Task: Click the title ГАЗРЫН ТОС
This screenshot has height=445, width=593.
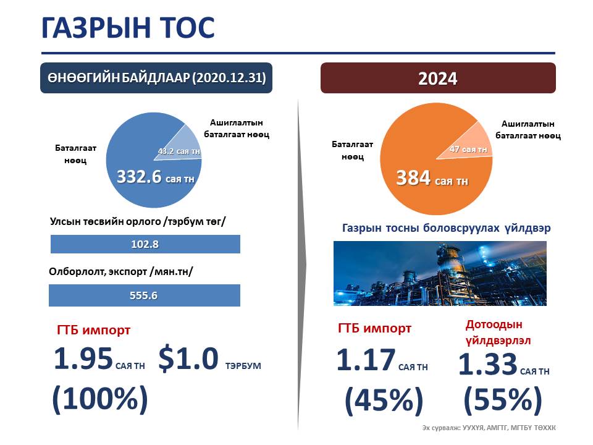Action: pos(128,28)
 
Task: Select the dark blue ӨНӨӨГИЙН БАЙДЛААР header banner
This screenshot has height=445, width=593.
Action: pos(156,78)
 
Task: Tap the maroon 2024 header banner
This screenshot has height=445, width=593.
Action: pos(438,78)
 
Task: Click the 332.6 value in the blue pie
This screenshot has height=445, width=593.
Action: pos(139,177)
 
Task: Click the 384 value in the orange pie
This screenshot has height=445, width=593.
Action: pos(413,178)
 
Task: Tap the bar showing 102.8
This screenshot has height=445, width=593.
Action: pos(145,244)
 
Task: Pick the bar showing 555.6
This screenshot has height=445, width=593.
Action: pos(145,295)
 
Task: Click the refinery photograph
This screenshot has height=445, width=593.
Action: pos(440,273)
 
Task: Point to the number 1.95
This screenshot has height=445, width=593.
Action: pos(83,358)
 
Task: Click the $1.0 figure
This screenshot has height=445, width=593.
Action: pos(188,358)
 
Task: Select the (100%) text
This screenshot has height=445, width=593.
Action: pos(100,399)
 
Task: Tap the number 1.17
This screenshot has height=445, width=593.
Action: pos(366,360)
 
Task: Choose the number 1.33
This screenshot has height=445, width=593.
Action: pos(488,364)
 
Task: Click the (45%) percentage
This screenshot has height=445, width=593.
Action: pos(384,400)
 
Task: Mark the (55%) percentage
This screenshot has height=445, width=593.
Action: pos(503,400)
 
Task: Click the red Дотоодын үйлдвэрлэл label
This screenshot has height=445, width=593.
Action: pos(498,333)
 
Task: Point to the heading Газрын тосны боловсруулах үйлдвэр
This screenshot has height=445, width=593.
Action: pos(446,228)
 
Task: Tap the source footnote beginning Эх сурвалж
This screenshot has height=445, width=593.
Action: pos(489,428)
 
